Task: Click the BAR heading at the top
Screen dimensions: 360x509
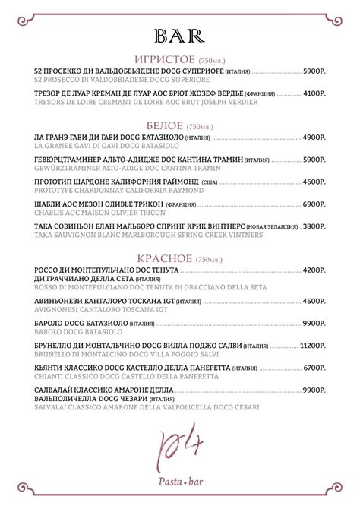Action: coord(179,35)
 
